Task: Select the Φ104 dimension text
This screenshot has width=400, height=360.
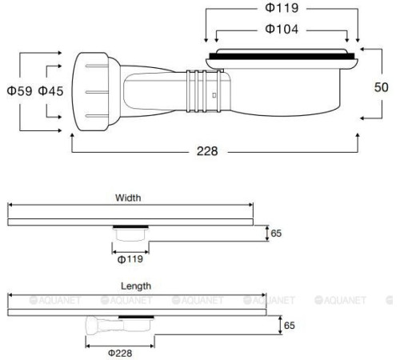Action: (282, 30)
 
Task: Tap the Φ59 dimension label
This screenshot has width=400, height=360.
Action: (18, 92)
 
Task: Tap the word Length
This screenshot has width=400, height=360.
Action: (135, 285)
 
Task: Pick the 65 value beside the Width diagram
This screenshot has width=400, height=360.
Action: (277, 233)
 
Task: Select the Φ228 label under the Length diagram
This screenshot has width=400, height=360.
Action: (120, 351)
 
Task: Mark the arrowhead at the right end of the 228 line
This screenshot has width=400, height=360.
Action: (355, 151)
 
